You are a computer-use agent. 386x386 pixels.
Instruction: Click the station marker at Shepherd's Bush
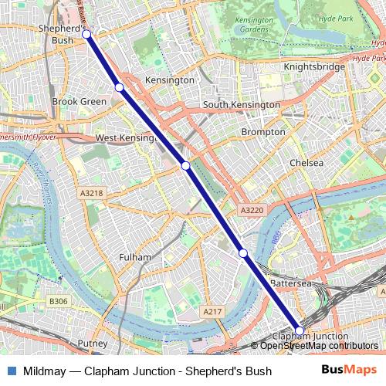[x=86, y=34]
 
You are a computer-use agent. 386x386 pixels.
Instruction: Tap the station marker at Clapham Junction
[x=300, y=330]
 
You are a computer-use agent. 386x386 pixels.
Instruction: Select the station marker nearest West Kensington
[x=186, y=165]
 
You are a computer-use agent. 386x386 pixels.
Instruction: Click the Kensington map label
[x=169, y=80]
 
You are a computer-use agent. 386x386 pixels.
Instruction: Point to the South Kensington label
[x=241, y=104]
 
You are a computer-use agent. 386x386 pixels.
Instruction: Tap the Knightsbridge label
[x=314, y=67]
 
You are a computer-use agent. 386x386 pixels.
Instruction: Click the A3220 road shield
[x=252, y=210]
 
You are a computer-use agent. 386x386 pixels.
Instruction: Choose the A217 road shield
[x=212, y=310]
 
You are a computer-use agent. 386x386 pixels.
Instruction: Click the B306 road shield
[x=58, y=301]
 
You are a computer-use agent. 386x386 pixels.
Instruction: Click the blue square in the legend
[x=11, y=371]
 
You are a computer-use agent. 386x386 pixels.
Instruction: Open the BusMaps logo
[x=350, y=371]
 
